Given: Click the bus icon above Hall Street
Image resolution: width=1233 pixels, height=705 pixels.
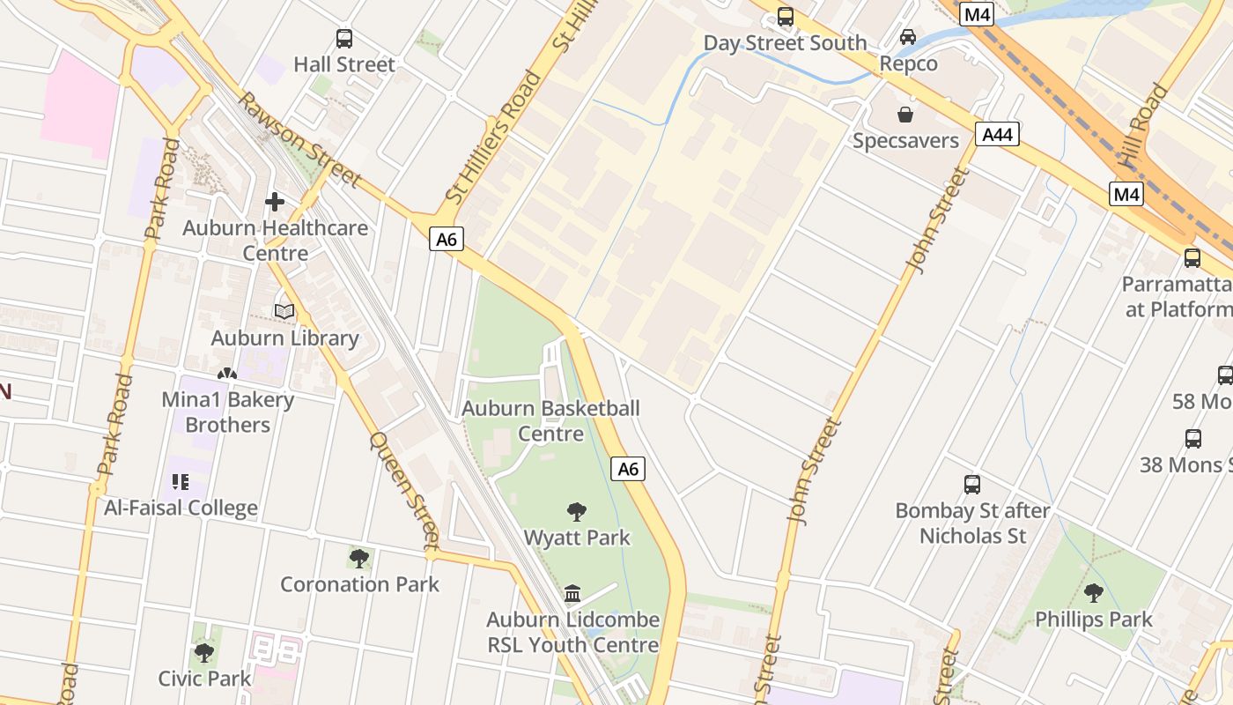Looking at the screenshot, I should point(344,39).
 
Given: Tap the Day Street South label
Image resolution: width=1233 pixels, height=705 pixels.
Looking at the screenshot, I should point(785,42).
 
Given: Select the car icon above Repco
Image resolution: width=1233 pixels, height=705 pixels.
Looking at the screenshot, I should point(908,37).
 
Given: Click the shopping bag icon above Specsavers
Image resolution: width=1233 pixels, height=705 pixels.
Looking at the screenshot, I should point(904,115).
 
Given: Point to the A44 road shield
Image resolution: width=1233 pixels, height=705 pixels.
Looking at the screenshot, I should point(997,134).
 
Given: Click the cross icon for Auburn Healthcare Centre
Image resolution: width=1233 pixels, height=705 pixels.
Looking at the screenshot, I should point(275,202).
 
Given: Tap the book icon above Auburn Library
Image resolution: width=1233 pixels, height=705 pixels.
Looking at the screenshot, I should point(284,311).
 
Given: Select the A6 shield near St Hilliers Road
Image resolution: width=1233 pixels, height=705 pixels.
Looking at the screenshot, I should point(447,239).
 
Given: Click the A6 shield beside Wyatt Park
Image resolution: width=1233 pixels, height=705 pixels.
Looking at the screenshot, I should point(627,469).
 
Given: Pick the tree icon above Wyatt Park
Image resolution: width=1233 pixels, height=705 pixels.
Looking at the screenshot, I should point(577,511).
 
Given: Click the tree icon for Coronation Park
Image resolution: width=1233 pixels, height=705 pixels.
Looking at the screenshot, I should point(359,558).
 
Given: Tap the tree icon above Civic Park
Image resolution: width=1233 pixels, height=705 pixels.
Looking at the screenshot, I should point(204,653).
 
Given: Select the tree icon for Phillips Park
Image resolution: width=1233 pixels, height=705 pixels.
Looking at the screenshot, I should point(1094,593).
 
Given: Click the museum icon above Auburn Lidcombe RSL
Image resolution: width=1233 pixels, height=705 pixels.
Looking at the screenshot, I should point(573,593).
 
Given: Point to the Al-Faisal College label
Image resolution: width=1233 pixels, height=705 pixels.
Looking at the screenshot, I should point(181,508).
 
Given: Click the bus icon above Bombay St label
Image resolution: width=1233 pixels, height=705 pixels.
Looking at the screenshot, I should point(972,484).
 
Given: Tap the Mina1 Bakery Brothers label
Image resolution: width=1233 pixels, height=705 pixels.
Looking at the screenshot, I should point(227,412).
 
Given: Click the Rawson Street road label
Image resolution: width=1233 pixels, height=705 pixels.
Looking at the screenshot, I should point(299,139).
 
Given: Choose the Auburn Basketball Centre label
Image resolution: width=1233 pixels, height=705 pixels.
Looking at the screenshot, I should point(550,420).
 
